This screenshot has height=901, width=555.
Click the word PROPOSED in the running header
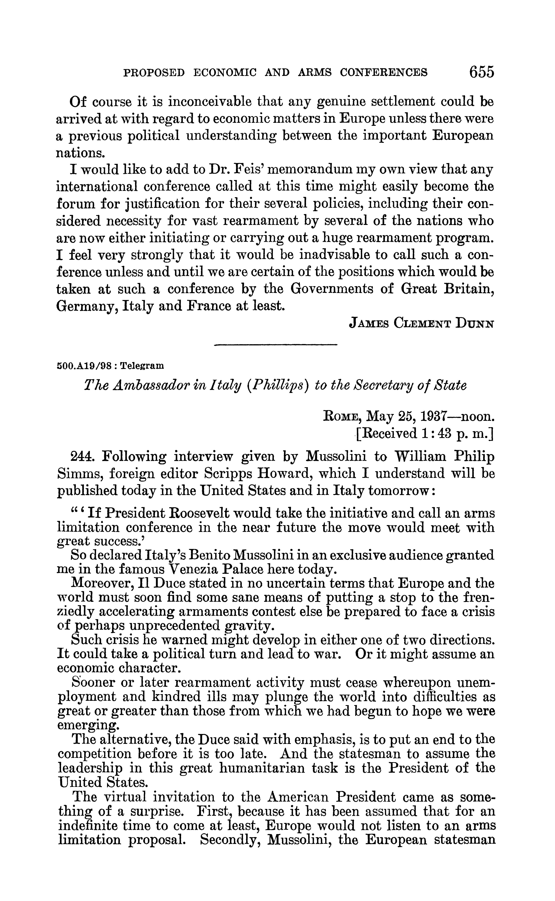coord(154,73)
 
